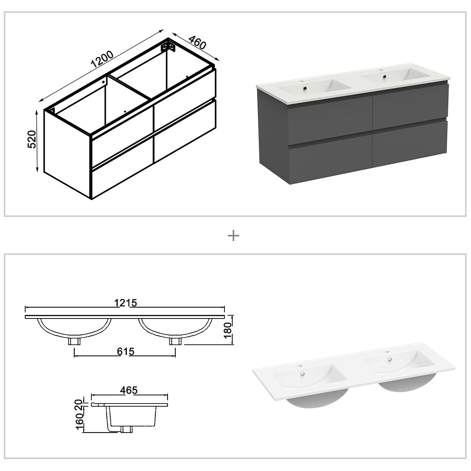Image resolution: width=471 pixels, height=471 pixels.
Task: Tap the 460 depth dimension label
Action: [x=197, y=42]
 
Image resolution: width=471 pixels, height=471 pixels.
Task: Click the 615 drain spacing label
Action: [x=125, y=351]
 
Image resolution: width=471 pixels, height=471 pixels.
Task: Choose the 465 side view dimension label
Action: [x=129, y=390]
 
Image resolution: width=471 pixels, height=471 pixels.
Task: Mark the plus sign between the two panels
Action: [x=233, y=235]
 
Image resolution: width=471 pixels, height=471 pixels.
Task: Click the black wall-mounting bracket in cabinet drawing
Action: [x=168, y=47]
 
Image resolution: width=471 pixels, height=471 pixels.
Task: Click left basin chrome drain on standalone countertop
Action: [x=303, y=374]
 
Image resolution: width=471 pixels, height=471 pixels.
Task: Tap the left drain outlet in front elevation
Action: [x=74, y=342]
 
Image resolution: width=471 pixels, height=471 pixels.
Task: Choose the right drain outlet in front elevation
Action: [x=175, y=342]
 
